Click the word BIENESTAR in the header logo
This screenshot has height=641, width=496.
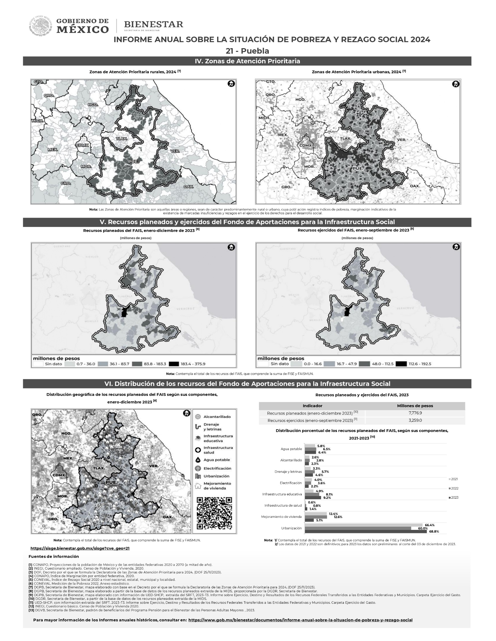pyautogui.click(x=153, y=24)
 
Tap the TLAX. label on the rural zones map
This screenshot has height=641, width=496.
pyautogui.click(x=121, y=138)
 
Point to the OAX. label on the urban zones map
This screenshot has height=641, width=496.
pyautogui.click(x=415, y=186)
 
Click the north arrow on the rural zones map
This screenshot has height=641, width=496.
pyautogui.click(x=231, y=84)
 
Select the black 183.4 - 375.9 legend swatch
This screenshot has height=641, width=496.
pyautogui.click(x=174, y=364)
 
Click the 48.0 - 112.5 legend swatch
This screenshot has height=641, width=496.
pyautogui.click(x=364, y=364)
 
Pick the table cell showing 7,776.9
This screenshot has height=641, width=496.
pyautogui.click(x=415, y=413)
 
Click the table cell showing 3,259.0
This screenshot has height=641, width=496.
pyautogui.click(x=415, y=420)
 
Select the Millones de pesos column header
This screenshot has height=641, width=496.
pyautogui.click(x=415, y=406)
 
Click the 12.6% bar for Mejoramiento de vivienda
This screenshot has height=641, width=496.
pyautogui.click(x=318, y=517)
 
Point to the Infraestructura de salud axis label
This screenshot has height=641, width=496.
pyautogui.click(x=283, y=506)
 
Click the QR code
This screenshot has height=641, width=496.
pyautogui.click(x=214, y=513)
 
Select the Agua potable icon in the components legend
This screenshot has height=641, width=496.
pyautogui.click(x=198, y=460)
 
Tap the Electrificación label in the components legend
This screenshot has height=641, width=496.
pyautogui.click(x=217, y=468)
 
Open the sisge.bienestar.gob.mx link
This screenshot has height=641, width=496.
pyautogui.click(x=80, y=548)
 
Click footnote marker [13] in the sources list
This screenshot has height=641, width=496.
pyautogui.click(x=31, y=610)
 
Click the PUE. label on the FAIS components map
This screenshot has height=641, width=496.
pyautogui.click(x=111, y=482)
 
